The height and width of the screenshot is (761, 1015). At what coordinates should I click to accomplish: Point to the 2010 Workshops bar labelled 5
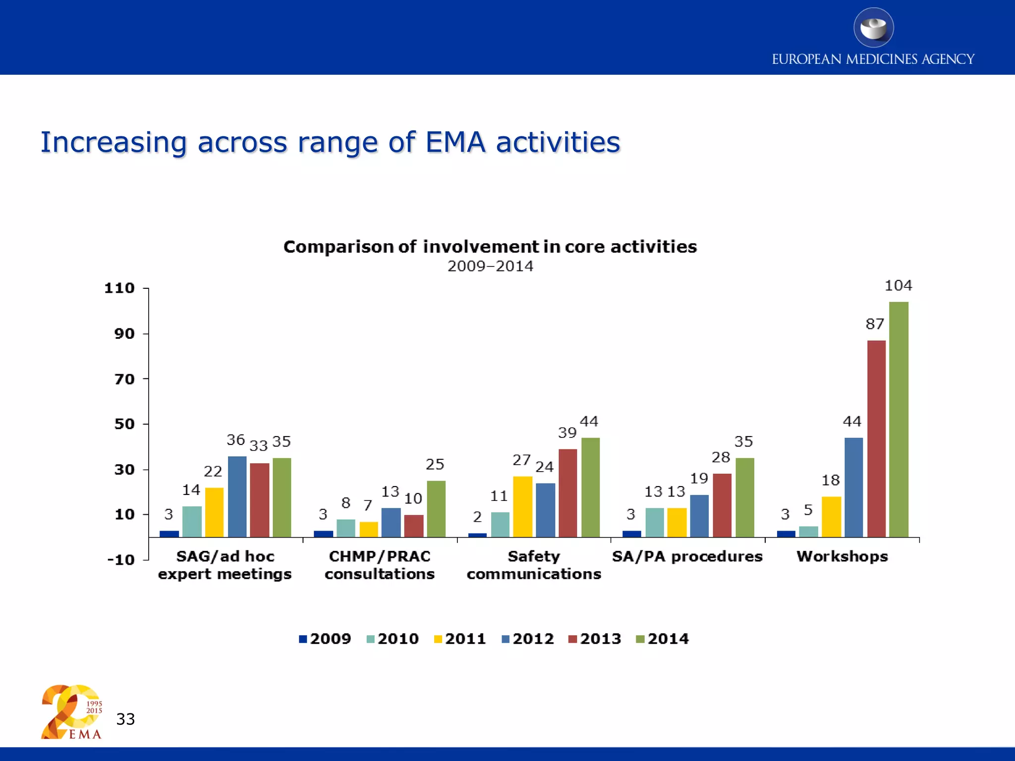tap(808, 532)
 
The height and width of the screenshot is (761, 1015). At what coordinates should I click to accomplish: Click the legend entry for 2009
tap(325, 639)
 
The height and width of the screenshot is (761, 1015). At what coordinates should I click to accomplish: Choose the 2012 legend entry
tap(528, 639)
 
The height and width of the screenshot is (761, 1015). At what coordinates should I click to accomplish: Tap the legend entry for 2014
tap(663, 639)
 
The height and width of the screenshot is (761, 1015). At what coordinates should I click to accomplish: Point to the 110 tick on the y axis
tap(119, 288)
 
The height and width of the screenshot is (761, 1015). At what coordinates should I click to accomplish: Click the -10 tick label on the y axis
tap(121, 560)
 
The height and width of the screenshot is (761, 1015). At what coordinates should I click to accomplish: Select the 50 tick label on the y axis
tap(124, 424)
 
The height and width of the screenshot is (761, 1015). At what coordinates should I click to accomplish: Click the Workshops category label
tap(842, 556)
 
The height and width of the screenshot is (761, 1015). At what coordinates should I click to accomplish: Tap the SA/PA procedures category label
tap(687, 556)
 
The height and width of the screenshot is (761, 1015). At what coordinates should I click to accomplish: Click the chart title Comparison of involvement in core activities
tap(490, 247)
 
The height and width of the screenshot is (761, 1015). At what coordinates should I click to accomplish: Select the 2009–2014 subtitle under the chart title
tap(490, 266)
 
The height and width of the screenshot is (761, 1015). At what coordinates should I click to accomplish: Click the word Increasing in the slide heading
tap(113, 142)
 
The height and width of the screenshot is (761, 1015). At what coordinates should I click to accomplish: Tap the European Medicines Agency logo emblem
tap(873, 28)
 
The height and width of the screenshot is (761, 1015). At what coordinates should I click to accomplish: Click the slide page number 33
tap(125, 719)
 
